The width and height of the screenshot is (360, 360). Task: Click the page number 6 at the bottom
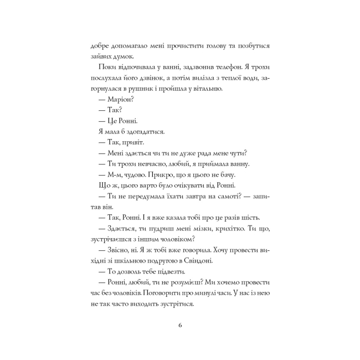[x=180, y=325]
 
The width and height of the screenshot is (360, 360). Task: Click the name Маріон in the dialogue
[x=116, y=100]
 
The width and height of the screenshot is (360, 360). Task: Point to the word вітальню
[x=204, y=88]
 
